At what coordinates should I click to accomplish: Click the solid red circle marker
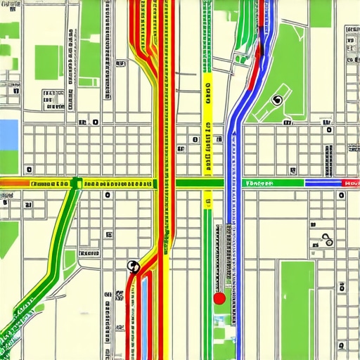219,298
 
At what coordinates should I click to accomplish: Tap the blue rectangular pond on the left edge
8,134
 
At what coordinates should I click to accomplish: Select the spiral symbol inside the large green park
277,101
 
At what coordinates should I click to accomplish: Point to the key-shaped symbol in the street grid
326,238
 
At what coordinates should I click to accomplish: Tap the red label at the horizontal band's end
350,183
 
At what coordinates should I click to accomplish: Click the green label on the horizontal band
258,183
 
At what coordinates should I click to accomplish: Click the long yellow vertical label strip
207,127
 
